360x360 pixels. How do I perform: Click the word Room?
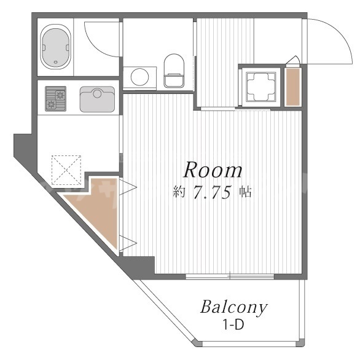click(213, 170)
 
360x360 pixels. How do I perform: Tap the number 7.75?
click(213, 192)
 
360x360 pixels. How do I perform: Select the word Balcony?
click(234, 307)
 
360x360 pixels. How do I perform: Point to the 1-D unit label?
click(233, 324)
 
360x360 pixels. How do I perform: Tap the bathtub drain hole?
click(55, 62)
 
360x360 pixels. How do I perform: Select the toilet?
click(174, 71)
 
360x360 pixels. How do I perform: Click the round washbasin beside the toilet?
click(139, 77)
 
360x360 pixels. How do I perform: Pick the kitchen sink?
click(97, 99)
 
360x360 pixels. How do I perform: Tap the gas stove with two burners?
click(55, 99)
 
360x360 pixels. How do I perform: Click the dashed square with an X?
click(66, 170)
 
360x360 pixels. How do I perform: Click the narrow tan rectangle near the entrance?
click(292, 87)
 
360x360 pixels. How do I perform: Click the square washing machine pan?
click(261, 87)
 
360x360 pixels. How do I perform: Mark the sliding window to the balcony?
click(230, 276)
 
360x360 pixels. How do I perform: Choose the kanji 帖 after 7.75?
click(245, 192)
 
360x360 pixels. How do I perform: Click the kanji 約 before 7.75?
click(179, 192)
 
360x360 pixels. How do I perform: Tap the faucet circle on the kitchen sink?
click(97, 93)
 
